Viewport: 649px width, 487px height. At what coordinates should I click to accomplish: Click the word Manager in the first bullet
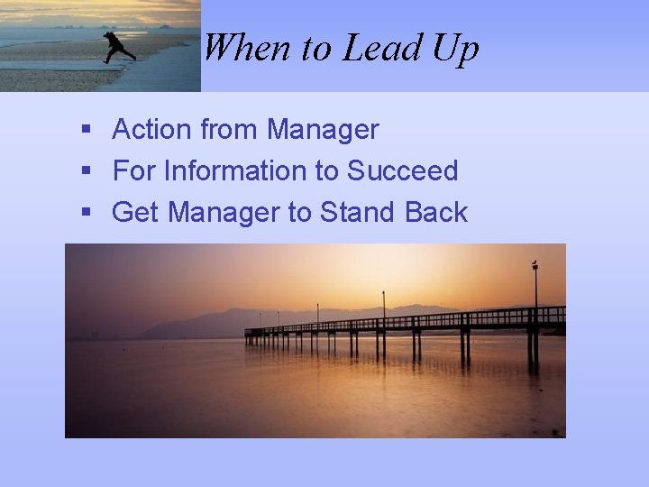(323, 131)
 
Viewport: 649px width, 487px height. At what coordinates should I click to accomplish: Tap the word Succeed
(403, 170)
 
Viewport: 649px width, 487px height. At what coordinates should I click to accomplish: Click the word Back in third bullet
(436, 212)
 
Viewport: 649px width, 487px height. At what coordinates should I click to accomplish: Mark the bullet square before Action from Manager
(87, 131)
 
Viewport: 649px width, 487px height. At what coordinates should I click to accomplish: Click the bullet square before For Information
(87, 171)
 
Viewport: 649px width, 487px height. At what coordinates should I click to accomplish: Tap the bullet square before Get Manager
(87, 213)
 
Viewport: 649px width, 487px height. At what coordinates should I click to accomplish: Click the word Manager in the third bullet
(221, 213)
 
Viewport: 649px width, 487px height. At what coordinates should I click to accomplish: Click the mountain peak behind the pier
(236, 311)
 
